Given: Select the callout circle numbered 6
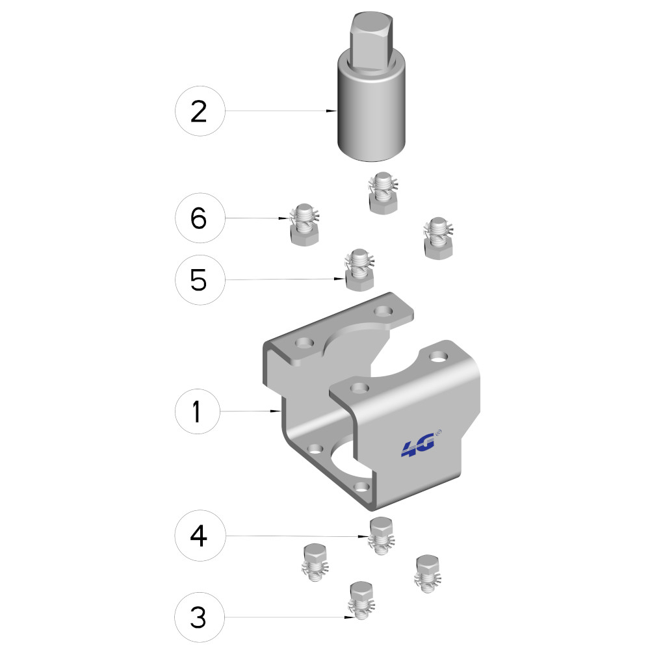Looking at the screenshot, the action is [200, 218].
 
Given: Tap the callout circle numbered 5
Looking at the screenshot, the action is [200, 279].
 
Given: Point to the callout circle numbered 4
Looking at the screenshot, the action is [200, 536].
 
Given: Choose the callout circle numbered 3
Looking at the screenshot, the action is [200, 617].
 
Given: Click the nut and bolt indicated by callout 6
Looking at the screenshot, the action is [305, 224].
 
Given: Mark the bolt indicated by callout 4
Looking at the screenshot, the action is [382, 536].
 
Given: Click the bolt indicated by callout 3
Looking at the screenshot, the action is [361, 601].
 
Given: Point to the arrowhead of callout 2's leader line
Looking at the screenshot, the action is [331, 110].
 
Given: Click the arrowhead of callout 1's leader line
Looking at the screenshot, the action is [276, 411].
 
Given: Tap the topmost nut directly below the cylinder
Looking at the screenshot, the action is [383, 193].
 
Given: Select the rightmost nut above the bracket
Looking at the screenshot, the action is [438, 238].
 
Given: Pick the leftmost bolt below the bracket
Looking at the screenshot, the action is [315, 562].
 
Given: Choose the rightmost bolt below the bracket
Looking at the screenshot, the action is [428, 573].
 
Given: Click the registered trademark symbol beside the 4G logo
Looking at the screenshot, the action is [439, 433].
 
